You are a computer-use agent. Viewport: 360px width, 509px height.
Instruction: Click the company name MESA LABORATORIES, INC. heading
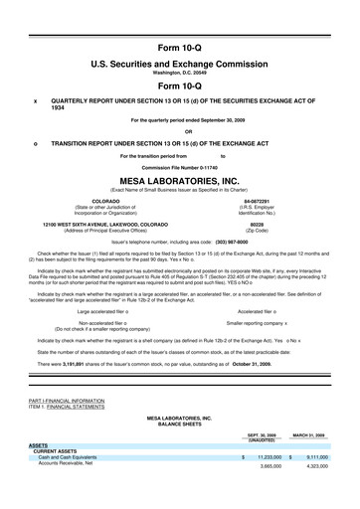[x=180, y=182]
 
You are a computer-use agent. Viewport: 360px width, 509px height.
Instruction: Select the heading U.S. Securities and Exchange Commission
[x=180, y=63]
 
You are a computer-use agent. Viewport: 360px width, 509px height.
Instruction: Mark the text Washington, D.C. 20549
[x=180, y=73]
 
